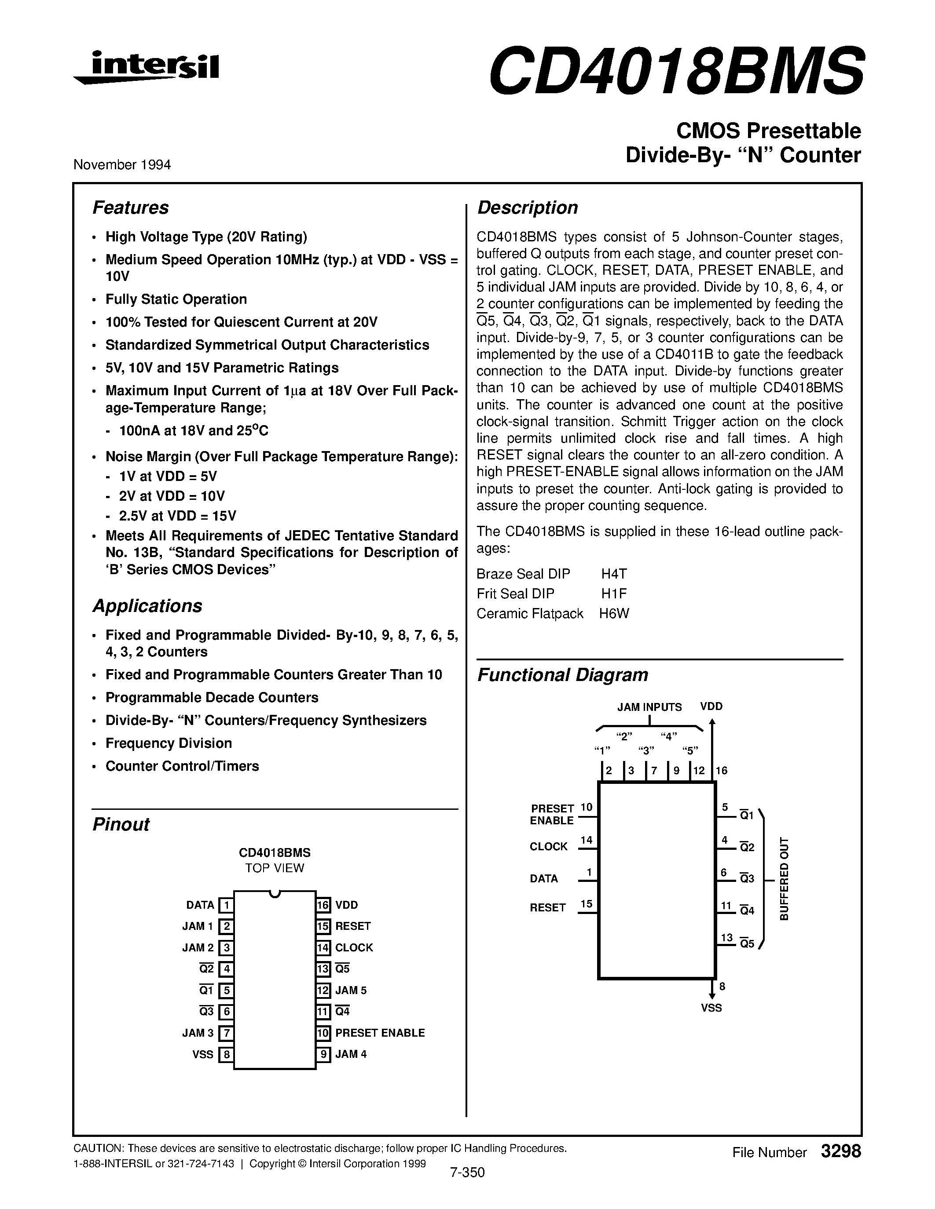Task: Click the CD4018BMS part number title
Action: [x=675, y=71]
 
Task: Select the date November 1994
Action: [x=122, y=164]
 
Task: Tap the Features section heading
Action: [x=130, y=208]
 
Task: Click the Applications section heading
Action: [x=147, y=606]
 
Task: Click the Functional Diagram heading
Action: [x=562, y=675]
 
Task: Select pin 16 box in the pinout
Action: [x=323, y=905]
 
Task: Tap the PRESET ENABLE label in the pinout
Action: [x=380, y=1033]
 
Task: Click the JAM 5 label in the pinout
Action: [x=351, y=991]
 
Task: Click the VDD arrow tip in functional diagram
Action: [x=712, y=722]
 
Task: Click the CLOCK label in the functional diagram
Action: [x=548, y=846]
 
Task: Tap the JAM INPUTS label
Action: [x=649, y=707]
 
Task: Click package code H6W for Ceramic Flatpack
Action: [x=614, y=613]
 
